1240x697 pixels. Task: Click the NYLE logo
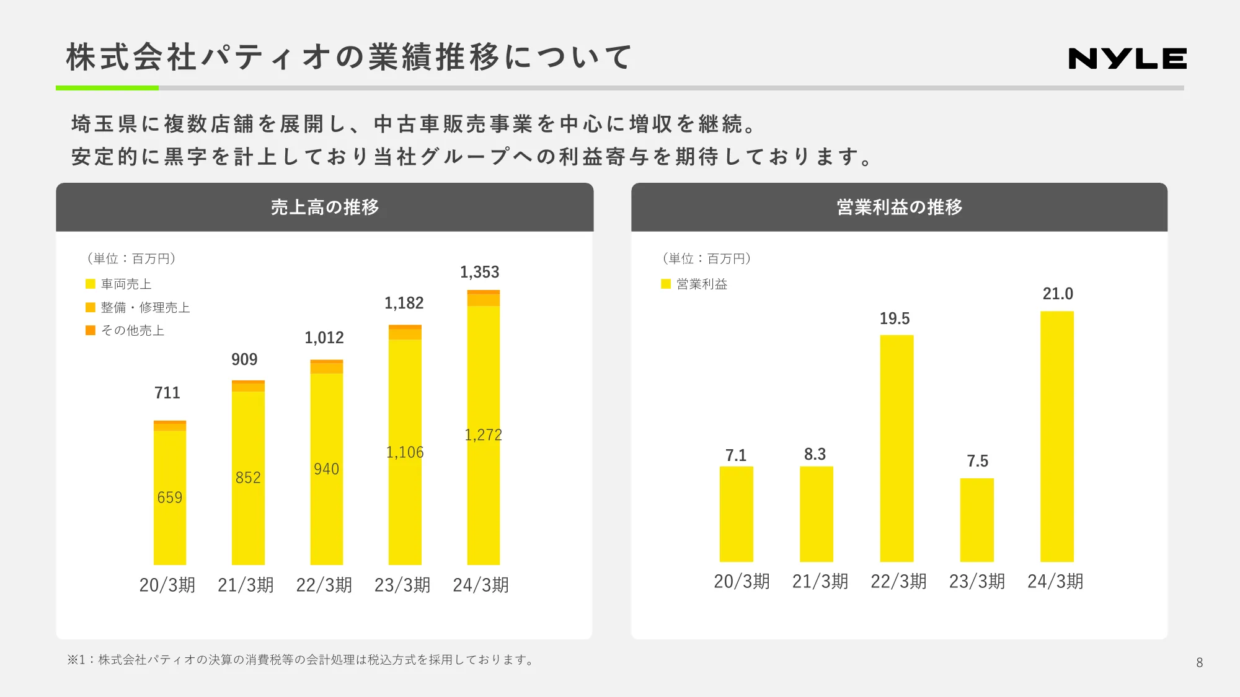click(x=1127, y=59)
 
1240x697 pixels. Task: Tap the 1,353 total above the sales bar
click(x=479, y=273)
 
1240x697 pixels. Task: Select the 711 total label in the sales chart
click(x=167, y=393)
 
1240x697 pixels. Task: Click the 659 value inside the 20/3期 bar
click(x=169, y=498)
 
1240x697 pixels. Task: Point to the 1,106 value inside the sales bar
click(x=405, y=452)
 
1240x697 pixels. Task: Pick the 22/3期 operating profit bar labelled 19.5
click(x=897, y=448)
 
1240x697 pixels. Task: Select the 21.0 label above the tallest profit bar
click(x=1057, y=294)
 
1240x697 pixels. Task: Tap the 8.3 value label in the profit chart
click(x=815, y=454)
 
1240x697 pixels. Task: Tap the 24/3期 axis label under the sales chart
click(x=480, y=585)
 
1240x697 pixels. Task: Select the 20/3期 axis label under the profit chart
click(x=742, y=581)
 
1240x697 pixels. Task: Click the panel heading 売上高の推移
click(x=324, y=207)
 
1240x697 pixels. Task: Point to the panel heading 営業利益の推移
click(x=899, y=207)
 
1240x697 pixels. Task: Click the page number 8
click(x=1199, y=662)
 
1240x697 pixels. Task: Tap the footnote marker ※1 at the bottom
click(x=76, y=660)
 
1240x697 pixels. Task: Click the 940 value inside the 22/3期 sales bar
click(x=326, y=469)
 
